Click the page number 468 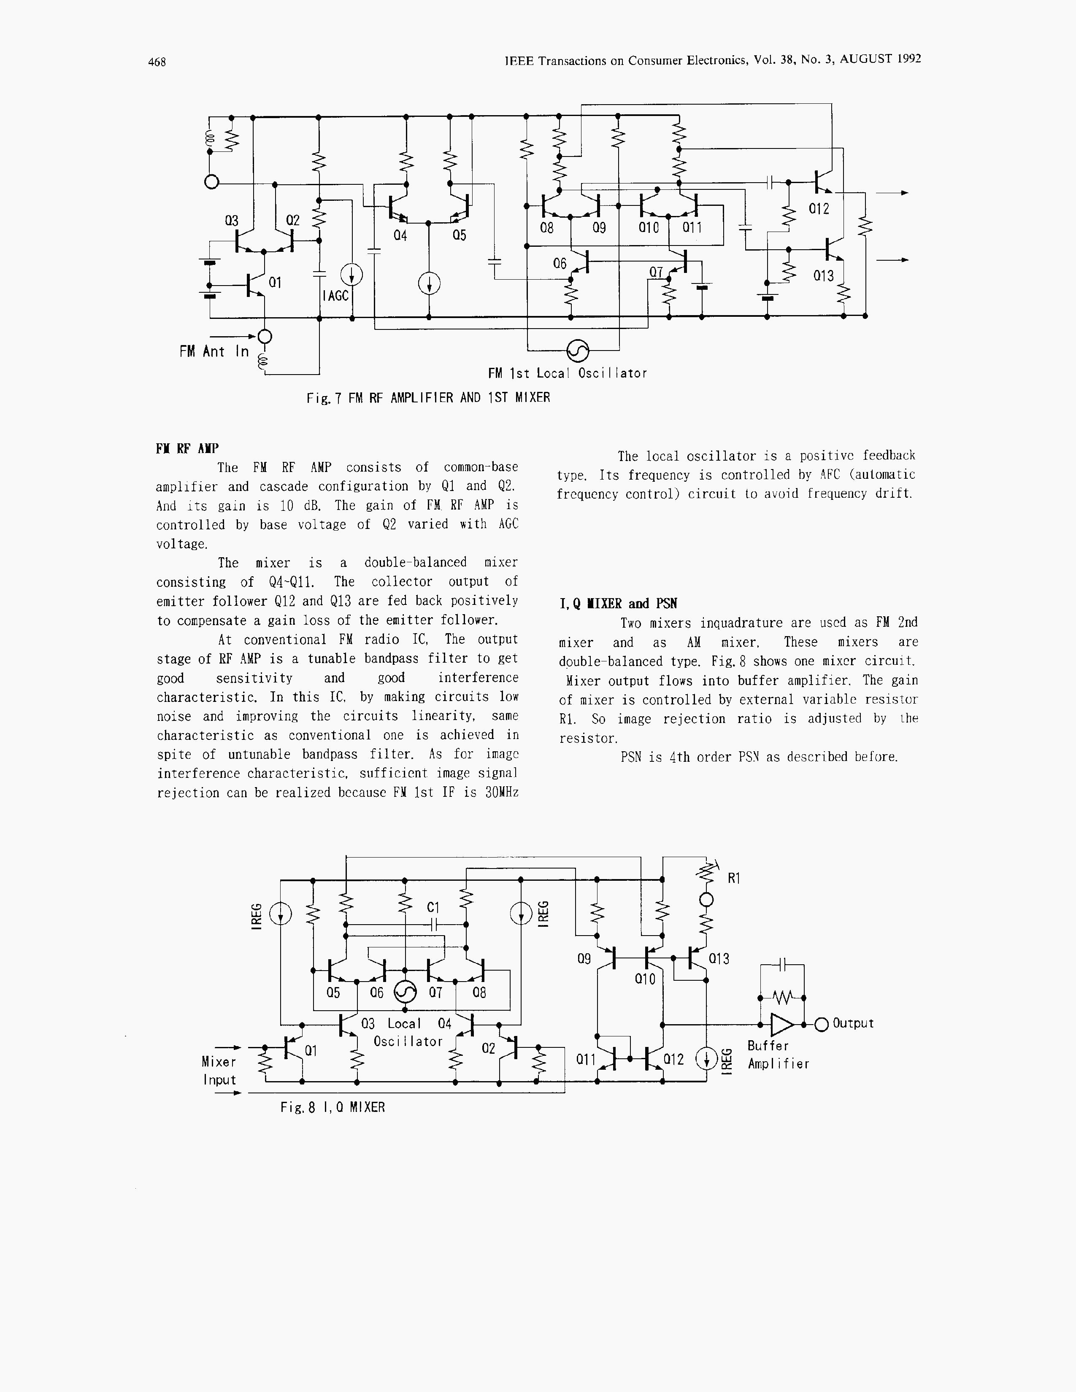point(157,62)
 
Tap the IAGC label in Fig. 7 point(336,296)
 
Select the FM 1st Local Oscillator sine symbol point(578,350)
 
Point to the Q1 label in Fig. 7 point(275,282)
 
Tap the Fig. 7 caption point(428,398)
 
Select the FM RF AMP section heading point(187,449)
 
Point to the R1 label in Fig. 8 point(734,878)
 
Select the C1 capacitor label point(433,907)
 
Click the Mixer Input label point(219,1071)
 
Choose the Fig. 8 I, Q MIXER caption point(332,1108)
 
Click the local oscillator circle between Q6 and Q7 point(406,992)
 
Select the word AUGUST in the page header point(866,59)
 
